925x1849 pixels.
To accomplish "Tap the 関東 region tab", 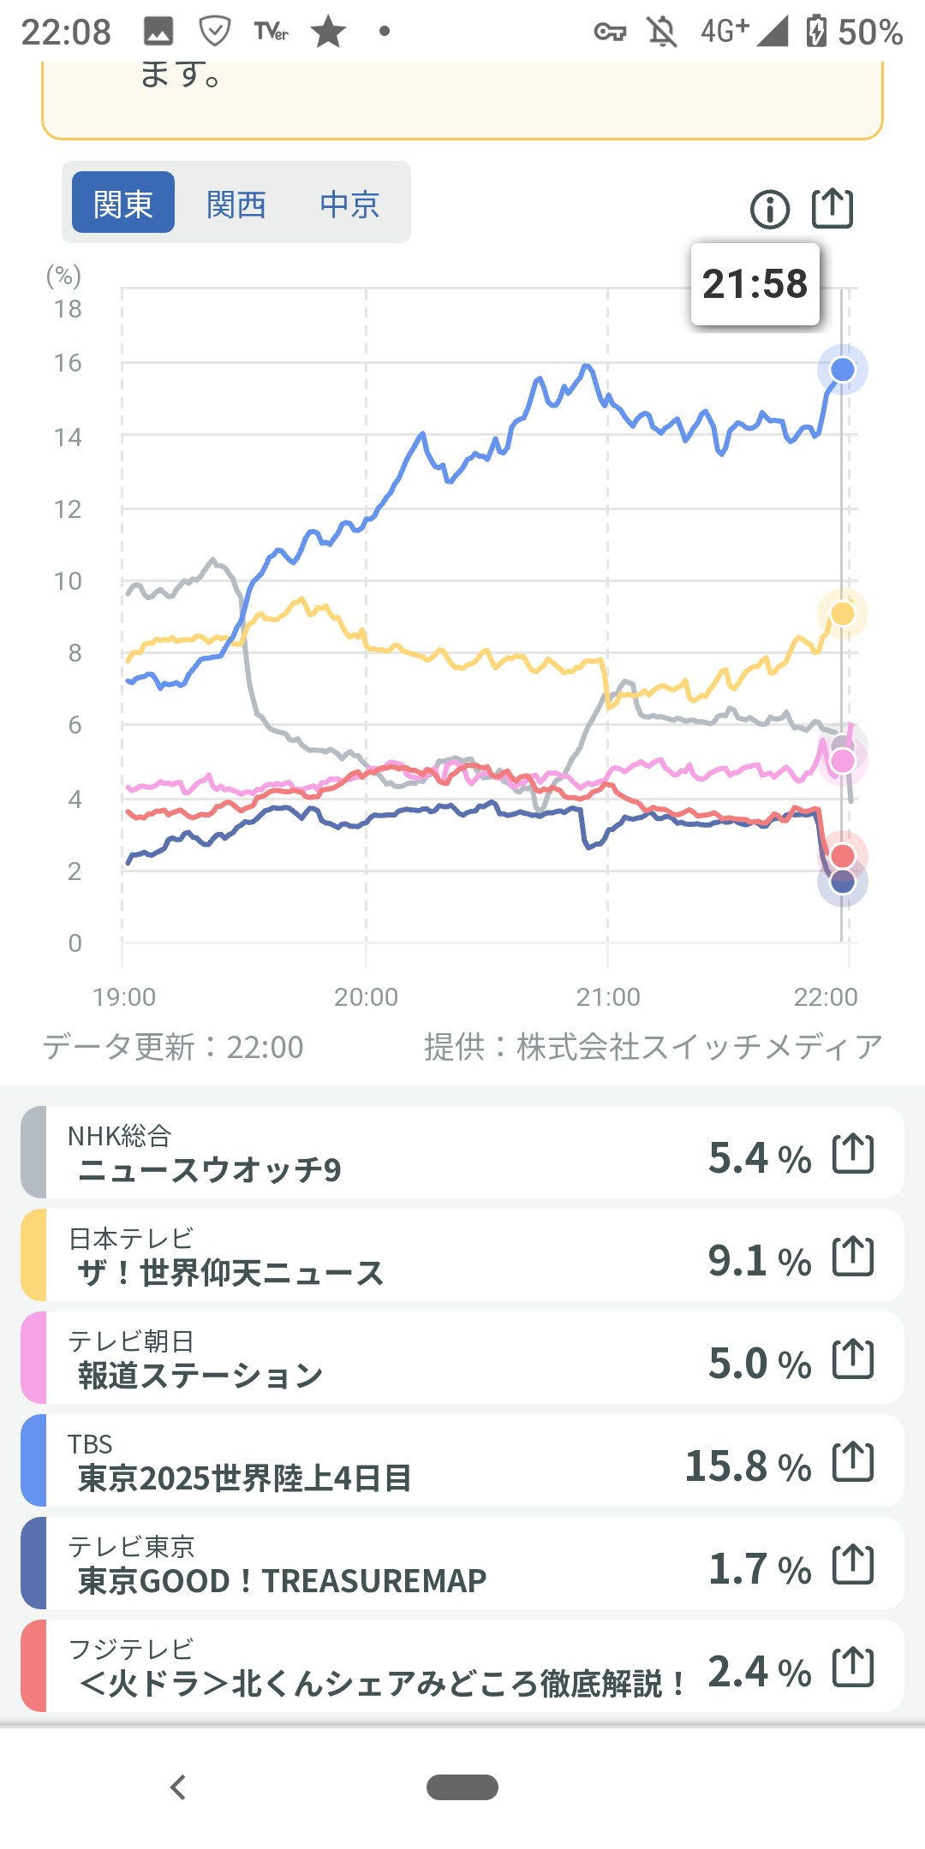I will (123, 203).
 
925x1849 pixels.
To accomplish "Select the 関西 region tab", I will (236, 205).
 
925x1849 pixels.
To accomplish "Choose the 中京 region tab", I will (349, 205).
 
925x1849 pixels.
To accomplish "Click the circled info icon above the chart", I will (770, 210).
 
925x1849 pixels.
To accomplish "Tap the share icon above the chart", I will (832, 208).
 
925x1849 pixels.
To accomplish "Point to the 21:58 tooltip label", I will (755, 284).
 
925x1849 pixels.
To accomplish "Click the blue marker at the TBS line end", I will (843, 370).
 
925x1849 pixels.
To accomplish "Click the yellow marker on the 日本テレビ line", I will (843, 614).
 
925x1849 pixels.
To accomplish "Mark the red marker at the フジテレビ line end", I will (843, 855).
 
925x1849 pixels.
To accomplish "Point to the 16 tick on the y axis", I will (68, 363).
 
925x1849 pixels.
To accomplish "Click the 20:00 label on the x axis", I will (366, 997).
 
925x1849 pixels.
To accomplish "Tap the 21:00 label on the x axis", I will (608, 997).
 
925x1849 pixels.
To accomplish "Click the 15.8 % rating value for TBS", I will (748, 1466).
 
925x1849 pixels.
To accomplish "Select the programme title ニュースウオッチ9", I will (210, 1170).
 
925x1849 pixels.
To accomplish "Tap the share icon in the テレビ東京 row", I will (853, 1565).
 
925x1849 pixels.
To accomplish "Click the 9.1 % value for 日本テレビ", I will (759, 1260).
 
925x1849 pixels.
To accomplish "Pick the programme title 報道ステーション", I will (200, 1376).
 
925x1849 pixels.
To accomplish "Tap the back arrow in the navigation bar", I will (178, 1787).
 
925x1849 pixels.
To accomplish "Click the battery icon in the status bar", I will (816, 32).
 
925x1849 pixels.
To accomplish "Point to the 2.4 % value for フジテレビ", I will (759, 1671).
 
